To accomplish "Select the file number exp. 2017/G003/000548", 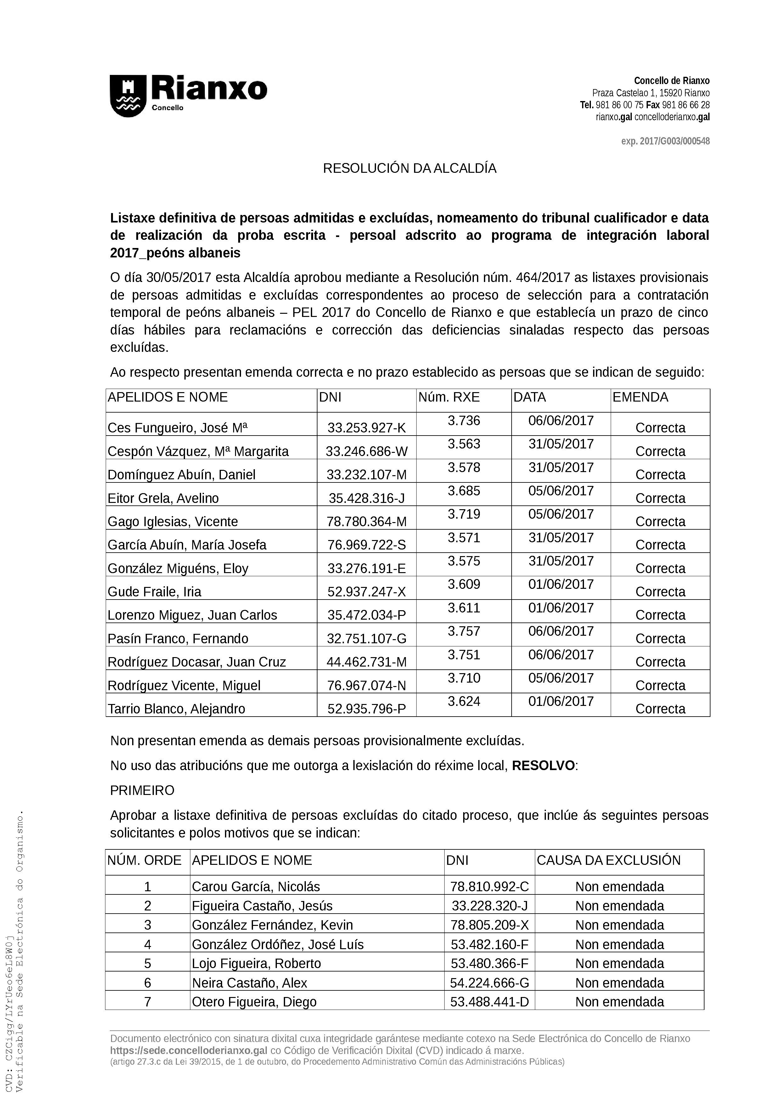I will [x=665, y=141].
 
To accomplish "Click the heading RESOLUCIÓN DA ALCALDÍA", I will [x=409, y=169].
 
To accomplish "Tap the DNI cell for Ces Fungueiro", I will [x=366, y=427].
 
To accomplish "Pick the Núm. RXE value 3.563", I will [x=464, y=444].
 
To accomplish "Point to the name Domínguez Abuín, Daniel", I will [x=181, y=475].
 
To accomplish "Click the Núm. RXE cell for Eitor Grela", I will [x=464, y=491].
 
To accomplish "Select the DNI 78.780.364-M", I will [x=366, y=522].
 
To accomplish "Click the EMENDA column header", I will [x=640, y=397].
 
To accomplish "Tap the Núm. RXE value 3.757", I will [x=464, y=631].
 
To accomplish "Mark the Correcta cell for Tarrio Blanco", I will [x=660, y=709].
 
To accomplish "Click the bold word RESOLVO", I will [x=543, y=765].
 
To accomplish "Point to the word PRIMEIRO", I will [x=142, y=791].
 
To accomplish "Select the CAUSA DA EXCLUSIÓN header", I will [x=609, y=860].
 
